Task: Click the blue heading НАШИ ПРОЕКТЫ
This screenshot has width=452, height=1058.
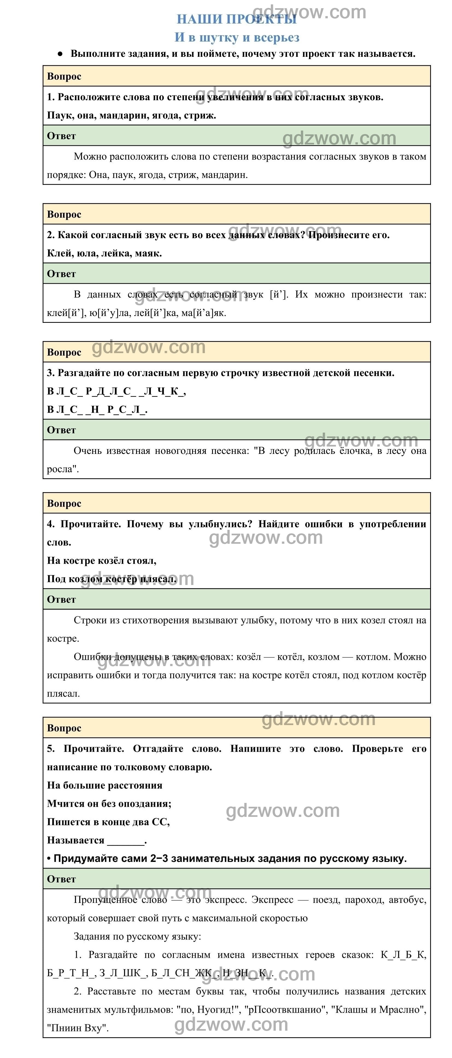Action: point(236,19)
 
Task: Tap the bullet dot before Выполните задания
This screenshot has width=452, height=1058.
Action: point(60,54)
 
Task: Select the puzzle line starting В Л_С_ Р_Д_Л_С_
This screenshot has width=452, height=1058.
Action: point(116,391)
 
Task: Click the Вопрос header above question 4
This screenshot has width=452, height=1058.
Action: point(64,504)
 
